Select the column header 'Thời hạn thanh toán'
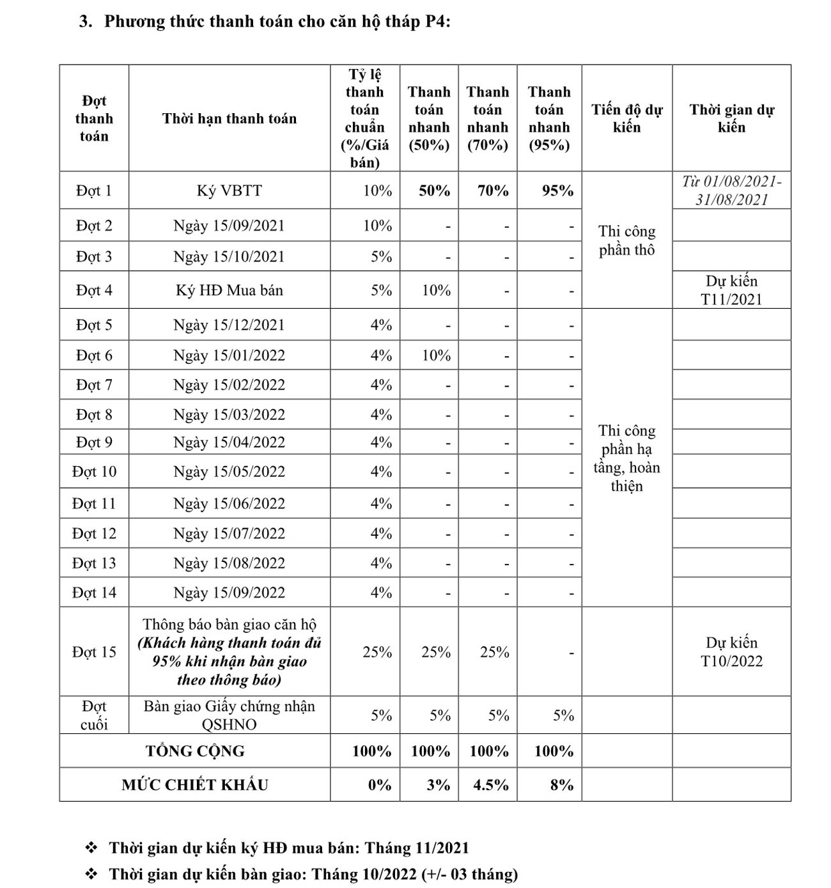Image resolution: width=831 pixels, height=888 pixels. (229, 118)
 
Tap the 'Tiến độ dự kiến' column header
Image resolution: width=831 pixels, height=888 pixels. (626, 118)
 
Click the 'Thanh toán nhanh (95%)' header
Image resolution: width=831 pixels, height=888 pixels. (549, 118)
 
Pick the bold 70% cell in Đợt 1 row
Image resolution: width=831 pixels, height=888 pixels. (493, 191)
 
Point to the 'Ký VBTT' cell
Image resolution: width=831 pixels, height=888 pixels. (229, 191)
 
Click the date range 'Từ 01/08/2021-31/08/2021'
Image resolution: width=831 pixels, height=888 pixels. (731, 191)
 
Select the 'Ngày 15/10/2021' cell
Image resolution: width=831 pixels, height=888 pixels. (229, 257)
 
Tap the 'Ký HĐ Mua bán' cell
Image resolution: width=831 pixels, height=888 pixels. (229, 291)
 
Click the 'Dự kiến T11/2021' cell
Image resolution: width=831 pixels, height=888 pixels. (731, 290)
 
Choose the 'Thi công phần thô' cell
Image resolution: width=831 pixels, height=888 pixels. (626, 240)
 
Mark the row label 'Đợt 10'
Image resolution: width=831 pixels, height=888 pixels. (94, 472)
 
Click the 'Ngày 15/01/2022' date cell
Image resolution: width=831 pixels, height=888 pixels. (229, 355)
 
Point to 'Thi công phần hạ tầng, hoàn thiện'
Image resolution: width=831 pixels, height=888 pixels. (626, 458)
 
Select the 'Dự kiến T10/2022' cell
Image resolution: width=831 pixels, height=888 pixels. (731, 652)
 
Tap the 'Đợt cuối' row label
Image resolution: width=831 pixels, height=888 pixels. (94, 715)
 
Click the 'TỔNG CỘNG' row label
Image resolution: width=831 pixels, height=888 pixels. (195, 751)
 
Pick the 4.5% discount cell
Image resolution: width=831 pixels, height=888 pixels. (490, 785)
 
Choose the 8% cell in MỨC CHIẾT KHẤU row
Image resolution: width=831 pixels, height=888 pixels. (561, 785)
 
